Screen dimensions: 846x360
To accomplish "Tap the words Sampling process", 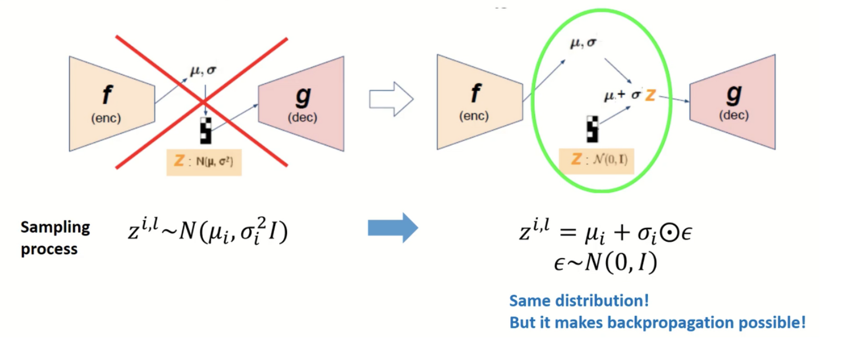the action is coord(55,238).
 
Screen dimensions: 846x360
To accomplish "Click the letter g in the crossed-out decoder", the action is coord(303,97).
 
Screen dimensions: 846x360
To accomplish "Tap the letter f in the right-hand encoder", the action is coord(475,94).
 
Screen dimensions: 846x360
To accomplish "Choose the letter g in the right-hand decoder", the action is coord(733,95).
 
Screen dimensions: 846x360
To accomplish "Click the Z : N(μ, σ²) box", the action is coord(204,161).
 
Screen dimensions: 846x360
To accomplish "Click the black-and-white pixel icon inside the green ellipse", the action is coord(592,128).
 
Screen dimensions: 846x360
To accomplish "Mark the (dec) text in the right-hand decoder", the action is coord(733,115).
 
